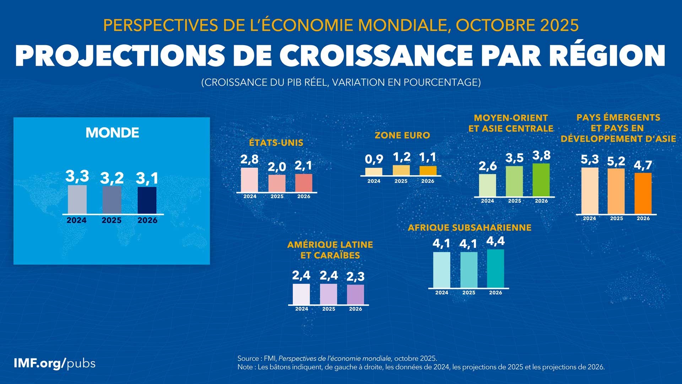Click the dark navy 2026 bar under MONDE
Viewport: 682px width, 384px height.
coord(147,200)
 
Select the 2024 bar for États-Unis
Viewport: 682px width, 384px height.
coord(249,180)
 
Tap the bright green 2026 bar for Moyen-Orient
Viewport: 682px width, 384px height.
coord(541,180)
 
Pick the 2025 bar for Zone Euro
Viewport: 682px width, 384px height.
coord(401,170)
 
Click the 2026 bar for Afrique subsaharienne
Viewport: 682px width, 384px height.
coord(496,268)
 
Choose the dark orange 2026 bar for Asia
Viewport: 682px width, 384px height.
coord(643,193)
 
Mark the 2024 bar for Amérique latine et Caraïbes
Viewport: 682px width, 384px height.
coord(301,294)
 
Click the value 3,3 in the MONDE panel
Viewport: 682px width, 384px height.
coord(77,176)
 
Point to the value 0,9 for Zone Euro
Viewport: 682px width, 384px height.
coord(374,160)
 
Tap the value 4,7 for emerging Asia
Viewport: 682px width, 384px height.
coord(643,165)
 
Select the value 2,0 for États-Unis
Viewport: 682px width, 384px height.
coord(277,167)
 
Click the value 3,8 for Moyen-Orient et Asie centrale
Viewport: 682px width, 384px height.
coord(541,155)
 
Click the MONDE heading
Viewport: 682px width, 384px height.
coord(112,133)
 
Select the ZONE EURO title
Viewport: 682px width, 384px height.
coord(402,135)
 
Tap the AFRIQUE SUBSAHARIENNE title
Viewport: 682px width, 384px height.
coord(470,228)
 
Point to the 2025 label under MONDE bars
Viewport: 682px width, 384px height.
coord(112,220)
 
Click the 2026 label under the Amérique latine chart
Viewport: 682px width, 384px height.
coord(356,309)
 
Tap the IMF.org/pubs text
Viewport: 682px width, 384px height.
coord(54,363)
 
